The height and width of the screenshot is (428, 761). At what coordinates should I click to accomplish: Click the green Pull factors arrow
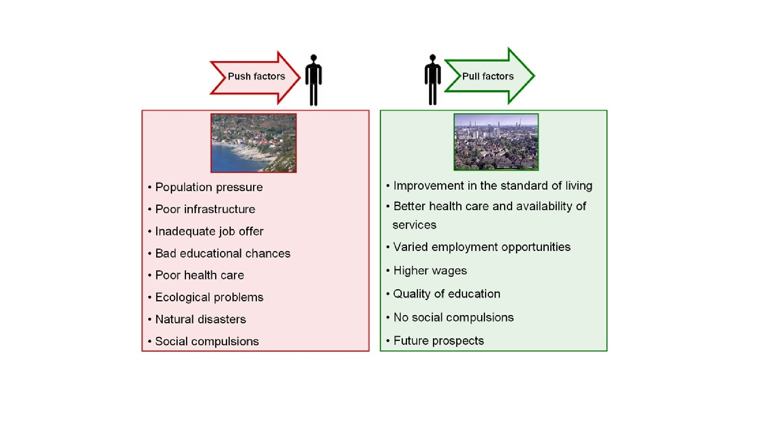489,76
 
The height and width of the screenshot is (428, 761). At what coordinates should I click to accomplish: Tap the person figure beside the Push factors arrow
314,80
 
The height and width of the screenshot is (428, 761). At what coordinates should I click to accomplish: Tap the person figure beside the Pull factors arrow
432,80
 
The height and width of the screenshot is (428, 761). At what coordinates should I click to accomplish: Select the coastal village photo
253,143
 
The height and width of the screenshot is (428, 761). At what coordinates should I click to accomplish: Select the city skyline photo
496,142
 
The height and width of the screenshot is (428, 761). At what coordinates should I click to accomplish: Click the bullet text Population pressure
209,187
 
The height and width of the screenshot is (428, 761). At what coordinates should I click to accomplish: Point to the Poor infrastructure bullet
205,209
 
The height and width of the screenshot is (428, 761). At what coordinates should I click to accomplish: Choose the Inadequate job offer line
209,231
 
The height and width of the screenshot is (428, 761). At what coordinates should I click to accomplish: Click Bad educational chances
222,253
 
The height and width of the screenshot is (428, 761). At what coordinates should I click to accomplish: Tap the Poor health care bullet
199,275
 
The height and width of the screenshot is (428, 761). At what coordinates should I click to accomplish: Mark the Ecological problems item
209,297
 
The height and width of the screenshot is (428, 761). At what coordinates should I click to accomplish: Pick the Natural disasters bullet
200,319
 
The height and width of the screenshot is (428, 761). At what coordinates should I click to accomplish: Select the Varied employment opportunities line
482,247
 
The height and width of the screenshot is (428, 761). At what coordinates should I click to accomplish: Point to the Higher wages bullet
430,271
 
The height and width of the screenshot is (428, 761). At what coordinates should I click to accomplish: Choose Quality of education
447,294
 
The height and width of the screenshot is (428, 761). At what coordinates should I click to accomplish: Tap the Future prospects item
438,340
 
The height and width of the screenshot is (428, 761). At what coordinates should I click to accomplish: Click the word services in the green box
414,225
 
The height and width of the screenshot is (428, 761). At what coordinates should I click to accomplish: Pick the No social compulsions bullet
453,317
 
